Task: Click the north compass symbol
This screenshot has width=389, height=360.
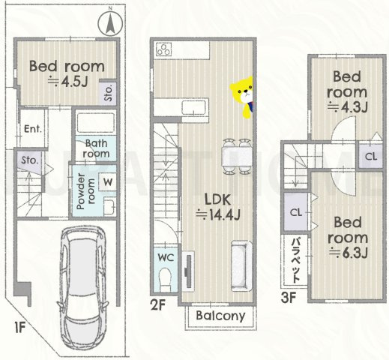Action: point(110,24)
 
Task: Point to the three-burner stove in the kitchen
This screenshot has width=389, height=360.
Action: point(164,49)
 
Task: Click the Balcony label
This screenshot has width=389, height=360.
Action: point(220,316)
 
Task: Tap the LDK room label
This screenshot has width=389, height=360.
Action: point(217,199)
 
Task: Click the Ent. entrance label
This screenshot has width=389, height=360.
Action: point(33,129)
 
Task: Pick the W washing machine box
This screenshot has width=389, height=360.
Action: point(108,181)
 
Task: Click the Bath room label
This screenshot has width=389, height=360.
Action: point(96,148)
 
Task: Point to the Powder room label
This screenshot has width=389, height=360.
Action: point(85,191)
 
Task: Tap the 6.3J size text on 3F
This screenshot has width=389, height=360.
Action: point(348,253)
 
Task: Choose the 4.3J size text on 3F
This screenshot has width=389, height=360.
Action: point(348,107)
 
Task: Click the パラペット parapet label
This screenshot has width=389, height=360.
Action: point(296,260)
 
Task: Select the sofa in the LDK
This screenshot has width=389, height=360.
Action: point(241,265)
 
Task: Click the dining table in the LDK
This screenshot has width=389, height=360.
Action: point(237,156)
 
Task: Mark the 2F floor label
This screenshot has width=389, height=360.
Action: point(158,304)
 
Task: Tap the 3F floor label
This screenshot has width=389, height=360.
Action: point(289,298)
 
